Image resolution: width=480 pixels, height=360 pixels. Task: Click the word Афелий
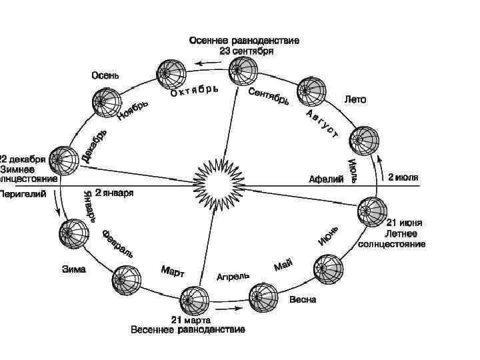326,179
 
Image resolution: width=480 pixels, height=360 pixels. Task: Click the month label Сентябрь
269,95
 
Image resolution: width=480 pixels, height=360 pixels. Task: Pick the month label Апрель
233,275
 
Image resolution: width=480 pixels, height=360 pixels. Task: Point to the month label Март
173,272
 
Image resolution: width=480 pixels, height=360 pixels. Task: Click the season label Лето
355,99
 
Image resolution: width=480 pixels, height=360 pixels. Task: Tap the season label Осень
105,75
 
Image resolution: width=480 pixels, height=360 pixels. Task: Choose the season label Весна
303,300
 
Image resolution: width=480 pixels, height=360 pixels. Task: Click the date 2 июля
403,178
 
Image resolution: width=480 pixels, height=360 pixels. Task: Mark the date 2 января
115,193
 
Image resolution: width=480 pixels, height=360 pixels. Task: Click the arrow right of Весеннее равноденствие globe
229,309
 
